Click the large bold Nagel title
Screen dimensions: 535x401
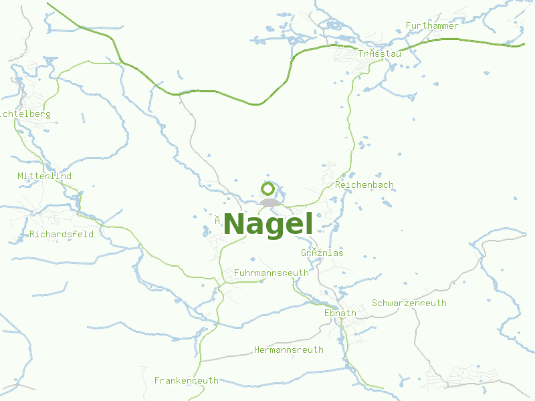coord(268,224)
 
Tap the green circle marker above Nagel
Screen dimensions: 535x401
coord(268,188)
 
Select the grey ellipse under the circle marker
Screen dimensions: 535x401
coord(270,202)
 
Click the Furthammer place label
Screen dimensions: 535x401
coord(432,26)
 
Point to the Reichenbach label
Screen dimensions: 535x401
coord(364,184)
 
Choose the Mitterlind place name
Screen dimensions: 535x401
coord(44,176)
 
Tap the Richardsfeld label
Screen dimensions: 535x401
coord(62,235)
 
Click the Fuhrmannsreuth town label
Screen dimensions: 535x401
coord(271,273)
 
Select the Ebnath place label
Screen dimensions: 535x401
coord(340,313)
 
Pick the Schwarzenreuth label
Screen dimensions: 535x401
coord(409,303)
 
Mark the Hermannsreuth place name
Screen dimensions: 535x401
coord(288,350)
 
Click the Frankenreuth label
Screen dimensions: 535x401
coord(186,380)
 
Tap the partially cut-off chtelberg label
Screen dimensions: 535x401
coord(25,114)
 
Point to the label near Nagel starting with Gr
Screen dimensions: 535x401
coord(322,253)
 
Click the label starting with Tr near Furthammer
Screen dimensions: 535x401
coord(379,53)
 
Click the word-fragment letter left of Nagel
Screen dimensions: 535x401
coord(217,219)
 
